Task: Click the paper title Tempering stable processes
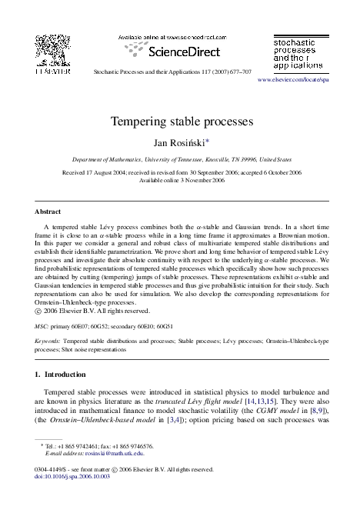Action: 180,122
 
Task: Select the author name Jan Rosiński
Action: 180,142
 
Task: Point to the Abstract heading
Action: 48,211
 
